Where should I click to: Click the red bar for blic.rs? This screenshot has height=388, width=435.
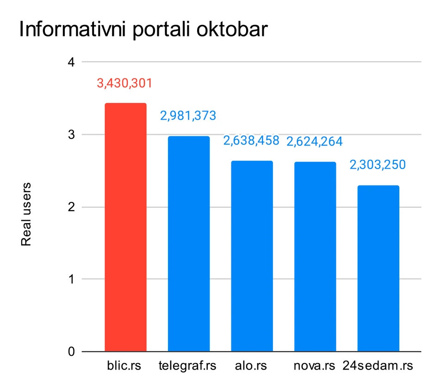125,227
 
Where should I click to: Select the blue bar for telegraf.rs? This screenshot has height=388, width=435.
188,244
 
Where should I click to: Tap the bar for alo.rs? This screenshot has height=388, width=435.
252,256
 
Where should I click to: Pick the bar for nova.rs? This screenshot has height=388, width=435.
315,257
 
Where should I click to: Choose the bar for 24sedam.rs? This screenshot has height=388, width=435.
378,268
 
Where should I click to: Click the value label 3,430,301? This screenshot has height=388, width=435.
124,84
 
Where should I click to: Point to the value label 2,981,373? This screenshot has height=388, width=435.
188,116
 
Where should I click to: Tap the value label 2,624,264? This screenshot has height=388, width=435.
315,141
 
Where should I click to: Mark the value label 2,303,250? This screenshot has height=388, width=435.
379,165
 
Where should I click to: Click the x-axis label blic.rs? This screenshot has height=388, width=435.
123,367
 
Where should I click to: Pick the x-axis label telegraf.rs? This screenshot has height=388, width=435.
187,367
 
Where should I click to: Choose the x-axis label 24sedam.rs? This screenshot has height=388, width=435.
378,367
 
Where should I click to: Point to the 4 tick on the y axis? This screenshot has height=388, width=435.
71,62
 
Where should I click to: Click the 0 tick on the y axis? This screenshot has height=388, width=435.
71,352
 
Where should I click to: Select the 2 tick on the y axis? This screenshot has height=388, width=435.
71,207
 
